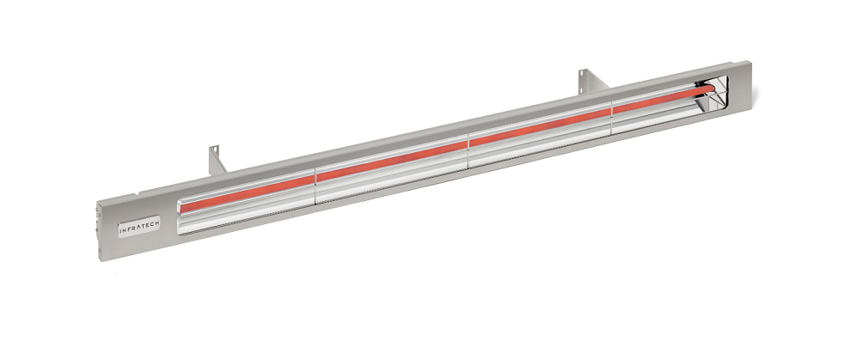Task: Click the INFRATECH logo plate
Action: pyautogui.click(x=139, y=227)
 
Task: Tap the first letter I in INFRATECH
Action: pyautogui.click(x=120, y=231)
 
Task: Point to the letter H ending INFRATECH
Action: pyautogui.click(x=156, y=223)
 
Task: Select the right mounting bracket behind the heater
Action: pyautogui.click(x=591, y=81)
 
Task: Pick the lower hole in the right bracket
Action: pyautogui.click(x=582, y=83)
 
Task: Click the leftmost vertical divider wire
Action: pyautogui.click(x=315, y=186)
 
